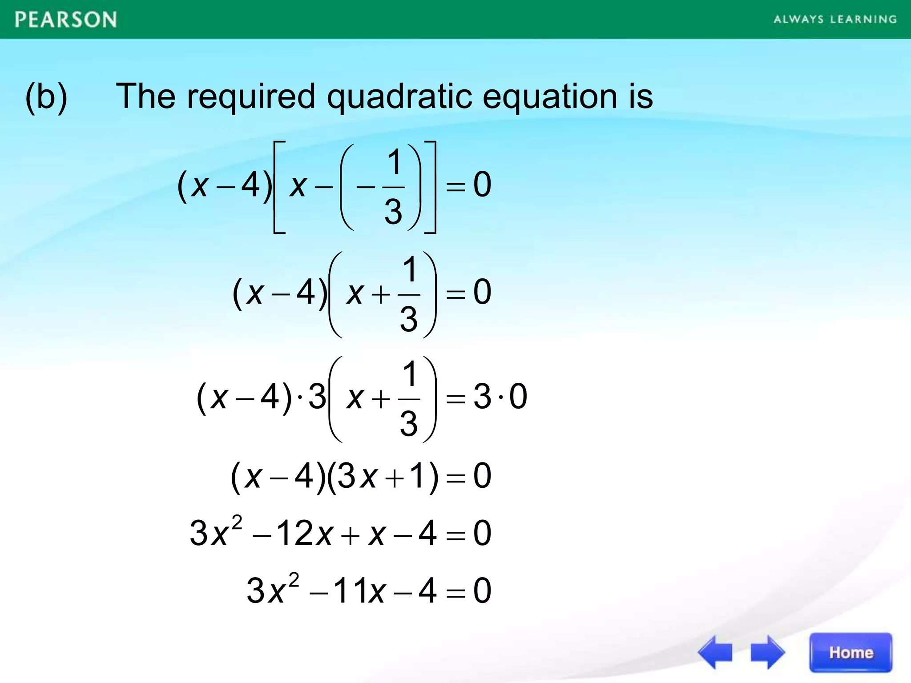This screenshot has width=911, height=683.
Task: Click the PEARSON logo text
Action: [x=66, y=20]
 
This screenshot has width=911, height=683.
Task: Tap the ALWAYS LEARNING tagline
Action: [x=835, y=20]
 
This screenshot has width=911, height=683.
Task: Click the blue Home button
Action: [x=851, y=652]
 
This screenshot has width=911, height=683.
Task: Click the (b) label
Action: [x=46, y=97]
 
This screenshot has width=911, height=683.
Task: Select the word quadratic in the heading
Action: [x=399, y=97]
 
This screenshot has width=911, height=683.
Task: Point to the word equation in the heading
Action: [x=549, y=97]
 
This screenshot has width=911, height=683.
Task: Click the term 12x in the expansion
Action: [x=304, y=533]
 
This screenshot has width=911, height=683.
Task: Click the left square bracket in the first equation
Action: [x=278, y=187]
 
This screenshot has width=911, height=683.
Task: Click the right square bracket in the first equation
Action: [x=431, y=187]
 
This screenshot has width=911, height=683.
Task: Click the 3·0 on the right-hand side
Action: [x=500, y=396]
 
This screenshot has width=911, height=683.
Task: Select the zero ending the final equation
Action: [x=482, y=591]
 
